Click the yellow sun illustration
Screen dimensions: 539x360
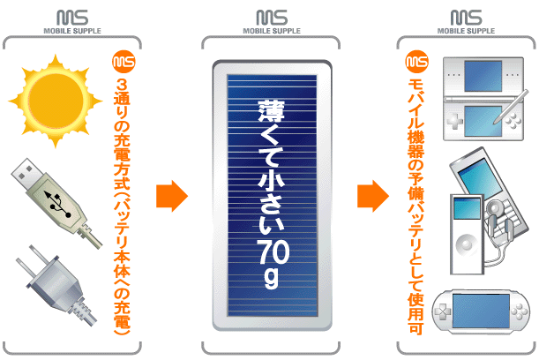click(x=55, y=101)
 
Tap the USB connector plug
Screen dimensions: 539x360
click(x=55, y=202)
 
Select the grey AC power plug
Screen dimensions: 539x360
click(x=56, y=285)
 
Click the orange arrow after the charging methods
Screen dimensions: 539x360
click(x=172, y=196)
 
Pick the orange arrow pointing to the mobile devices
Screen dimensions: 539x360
click(x=373, y=196)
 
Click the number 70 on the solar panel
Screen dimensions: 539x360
click(x=273, y=251)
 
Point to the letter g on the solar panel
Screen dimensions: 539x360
click(x=272, y=280)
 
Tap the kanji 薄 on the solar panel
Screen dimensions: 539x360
click(x=272, y=110)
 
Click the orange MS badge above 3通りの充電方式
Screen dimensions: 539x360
click(x=124, y=62)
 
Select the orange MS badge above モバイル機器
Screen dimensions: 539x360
click(x=417, y=62)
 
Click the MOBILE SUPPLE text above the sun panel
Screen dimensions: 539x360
click(x=72, y=31)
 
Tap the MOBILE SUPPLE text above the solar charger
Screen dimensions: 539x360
click(x=272, y=31)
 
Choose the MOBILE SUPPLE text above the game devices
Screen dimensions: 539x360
click(x=466, y=31)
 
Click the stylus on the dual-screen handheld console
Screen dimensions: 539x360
click(x=511, y=107)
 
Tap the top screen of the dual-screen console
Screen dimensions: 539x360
click(x=483, y=77)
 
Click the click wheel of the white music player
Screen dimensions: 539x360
click(x=467, y=244)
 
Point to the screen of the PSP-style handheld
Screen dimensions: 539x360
click(x=481, y=311)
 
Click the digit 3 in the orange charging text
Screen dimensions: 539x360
click(x=122, y=85)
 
